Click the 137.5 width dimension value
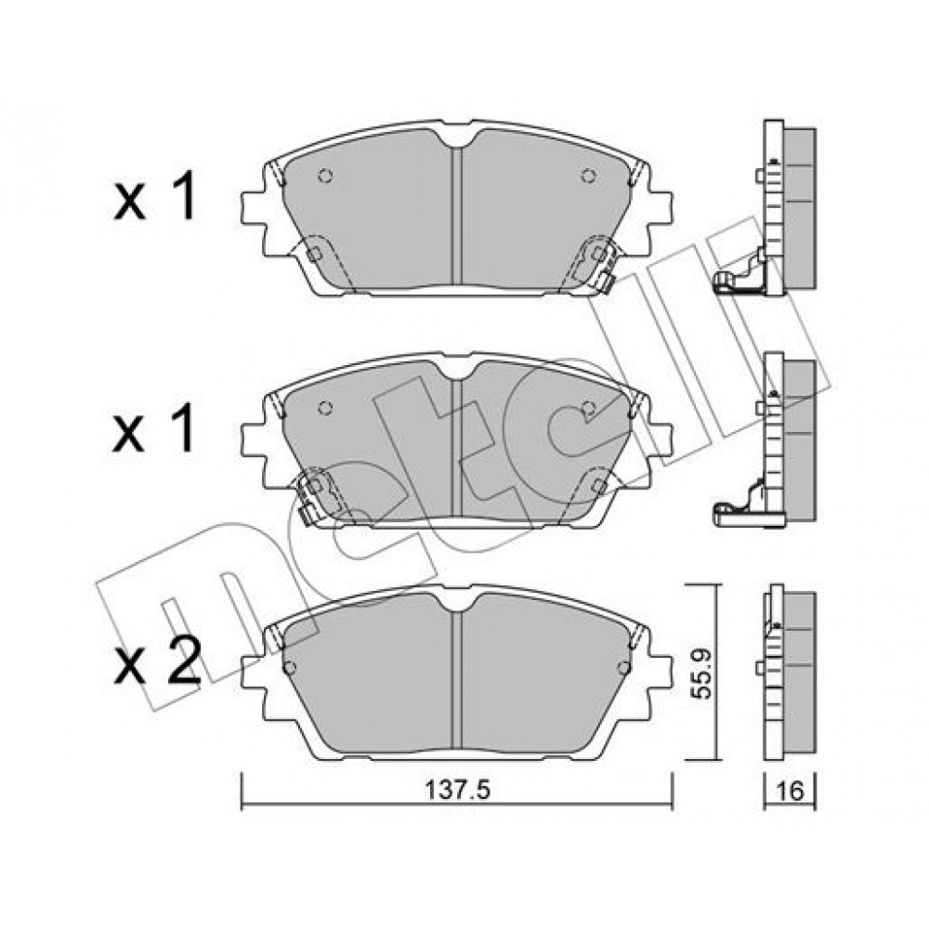click(x=458, y=790)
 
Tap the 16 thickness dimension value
click(x=789, y=791)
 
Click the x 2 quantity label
click(x=157, y=661)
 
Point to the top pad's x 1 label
click(x=154, y=198)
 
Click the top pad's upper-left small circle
click(x=325, y=176)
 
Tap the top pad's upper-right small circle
click(x=588, y=176)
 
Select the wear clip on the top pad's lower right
click(x=595, y=263)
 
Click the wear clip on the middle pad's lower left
click(x=318, y=495)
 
